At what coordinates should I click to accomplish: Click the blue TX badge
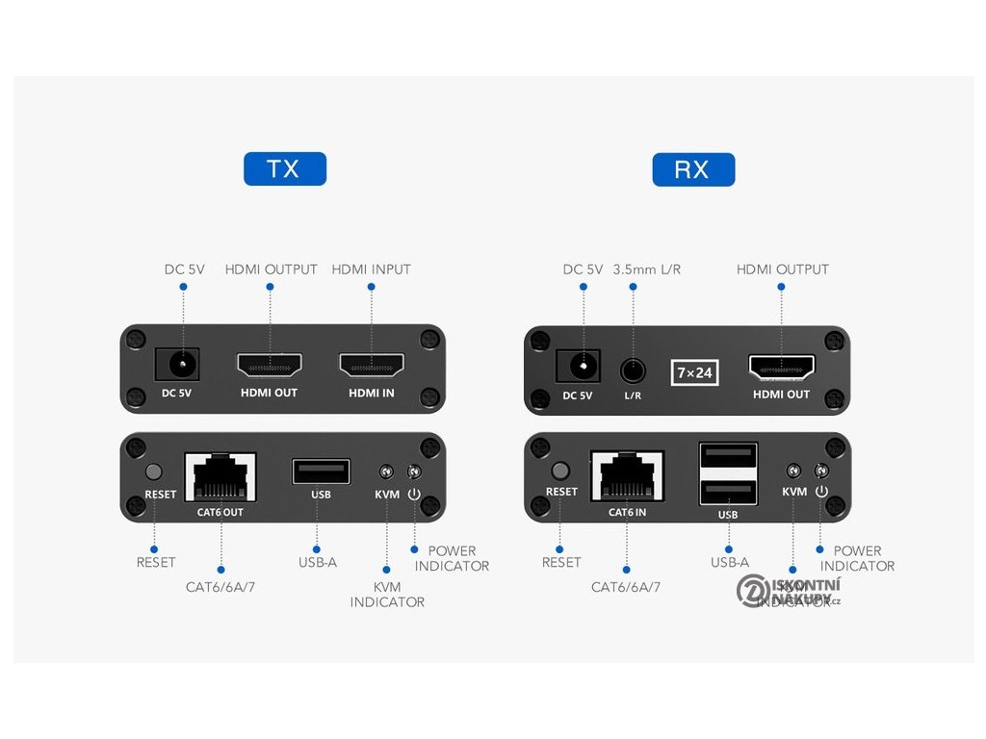tap(284, 169)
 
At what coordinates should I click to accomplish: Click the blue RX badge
tap(692, 170)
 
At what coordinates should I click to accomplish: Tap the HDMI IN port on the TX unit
tap(371, 366)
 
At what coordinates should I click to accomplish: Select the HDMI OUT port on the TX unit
tap(270, 366)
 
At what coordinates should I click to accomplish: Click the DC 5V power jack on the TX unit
tap(177, 365)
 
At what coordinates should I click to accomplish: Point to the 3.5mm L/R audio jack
tap(633, 369)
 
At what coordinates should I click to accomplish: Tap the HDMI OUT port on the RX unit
tap(782, 367)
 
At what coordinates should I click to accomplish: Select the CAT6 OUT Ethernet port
tap(221, 476)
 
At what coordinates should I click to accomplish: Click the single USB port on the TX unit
tap(321, 472)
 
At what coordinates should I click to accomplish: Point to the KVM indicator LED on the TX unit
tap(386, 472)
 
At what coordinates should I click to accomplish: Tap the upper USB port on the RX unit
tap(728, 456)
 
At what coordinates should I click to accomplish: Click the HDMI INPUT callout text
tap(371, 269)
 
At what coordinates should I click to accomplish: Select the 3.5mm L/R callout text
tap(646, 269)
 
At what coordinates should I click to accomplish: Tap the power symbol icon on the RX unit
tap(821, 492)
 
